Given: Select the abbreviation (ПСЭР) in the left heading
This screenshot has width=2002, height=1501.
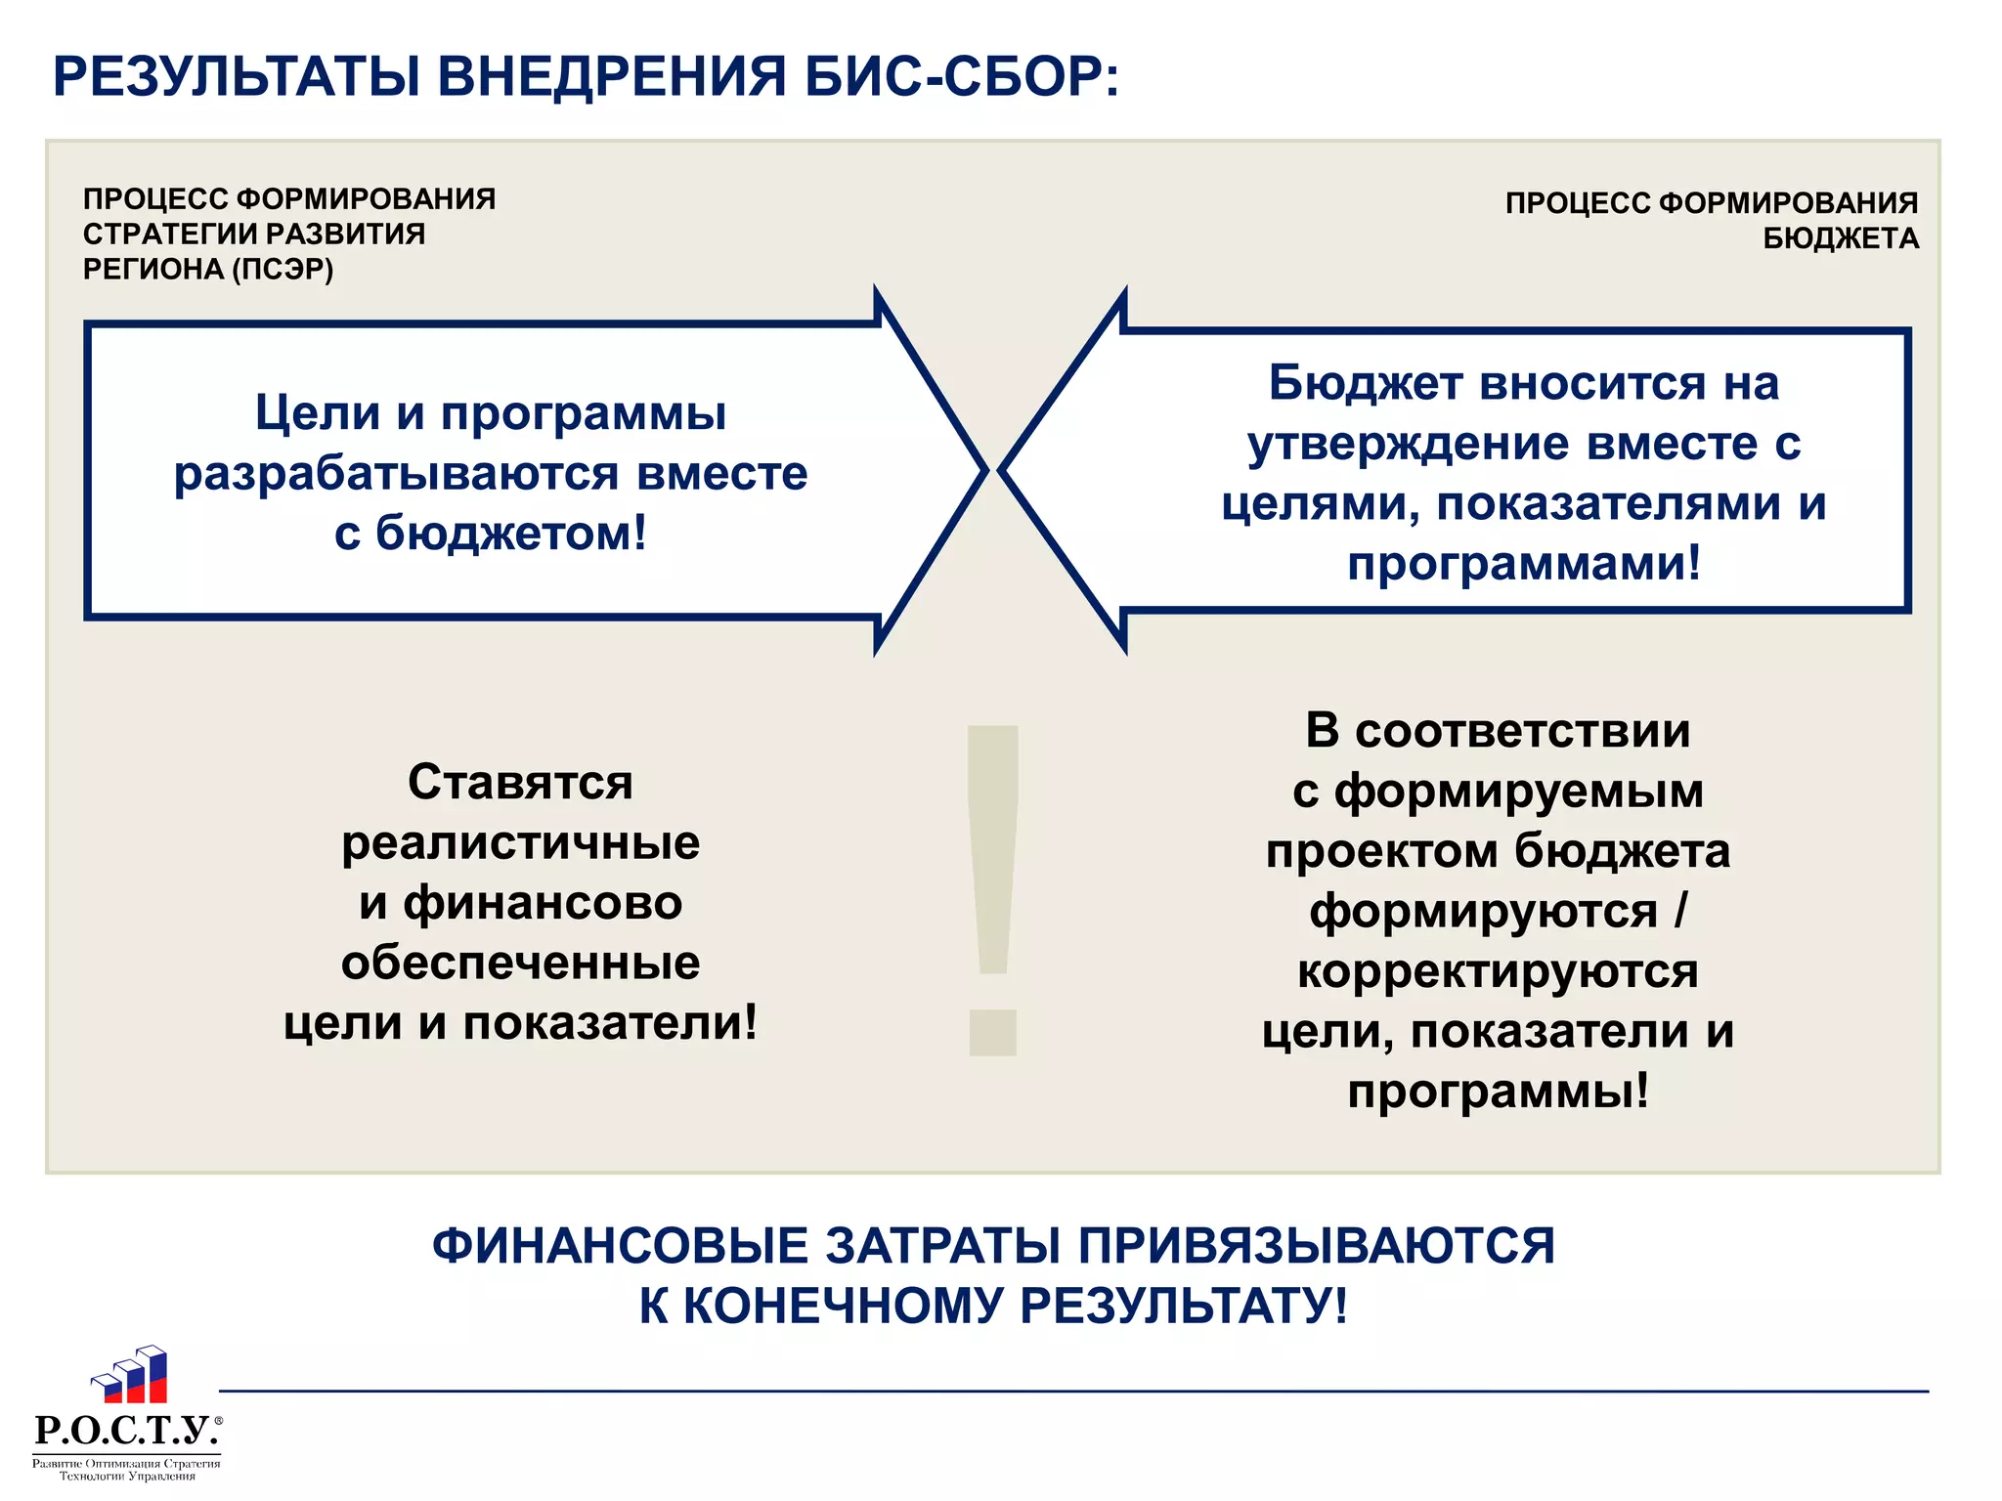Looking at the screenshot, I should tap(283, 269).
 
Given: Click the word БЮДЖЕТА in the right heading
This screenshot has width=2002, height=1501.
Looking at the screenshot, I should tap(1841, 238).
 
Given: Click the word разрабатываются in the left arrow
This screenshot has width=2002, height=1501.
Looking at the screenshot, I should tap(397, 474).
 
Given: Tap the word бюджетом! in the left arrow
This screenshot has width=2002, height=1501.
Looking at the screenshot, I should tap(510, 534).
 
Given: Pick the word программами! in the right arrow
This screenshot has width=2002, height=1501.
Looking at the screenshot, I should tap(1524, 564).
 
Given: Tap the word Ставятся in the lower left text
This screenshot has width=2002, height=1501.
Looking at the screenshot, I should tap(520, 783).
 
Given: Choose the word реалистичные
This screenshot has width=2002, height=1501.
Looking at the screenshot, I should tap(520, 843).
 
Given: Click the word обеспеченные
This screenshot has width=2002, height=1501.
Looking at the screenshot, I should tap(520, 964).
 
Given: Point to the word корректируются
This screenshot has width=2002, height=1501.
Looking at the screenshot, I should tap(1498, 971).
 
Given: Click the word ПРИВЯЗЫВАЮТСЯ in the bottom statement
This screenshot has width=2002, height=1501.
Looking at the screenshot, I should tap(1316, 1246).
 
